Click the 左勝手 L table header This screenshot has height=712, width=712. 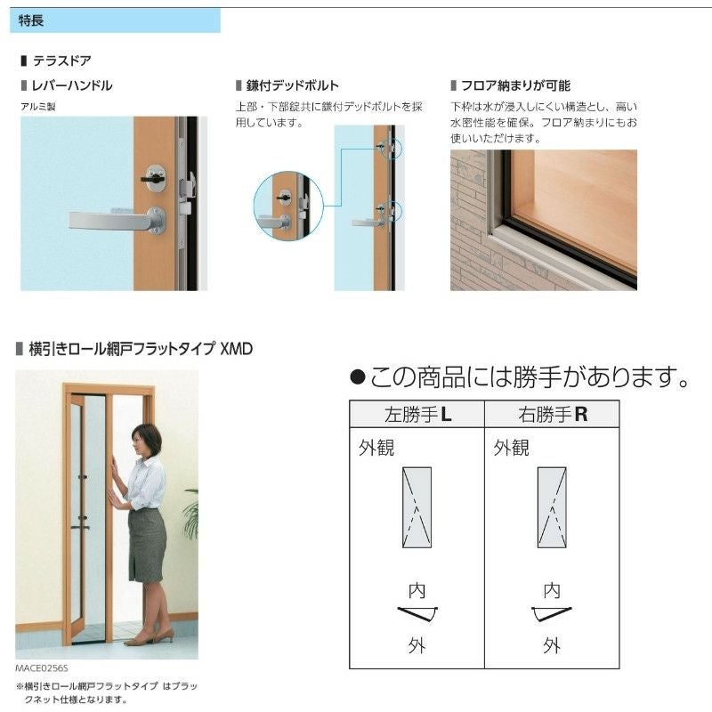417,414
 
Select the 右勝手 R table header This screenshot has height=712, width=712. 553,414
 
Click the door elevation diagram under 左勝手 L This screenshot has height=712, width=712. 417,506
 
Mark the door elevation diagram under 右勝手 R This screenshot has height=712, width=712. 552,506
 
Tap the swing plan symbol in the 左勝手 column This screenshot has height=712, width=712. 417,613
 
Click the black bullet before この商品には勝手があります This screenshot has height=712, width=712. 358,379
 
